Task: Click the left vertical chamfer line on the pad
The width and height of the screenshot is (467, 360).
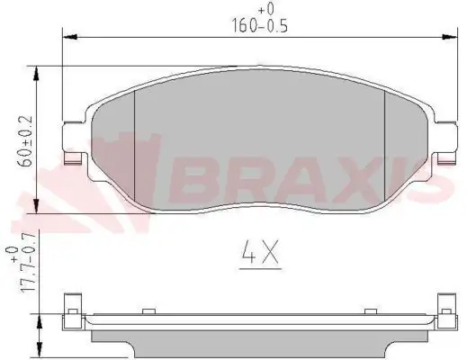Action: [134, 144]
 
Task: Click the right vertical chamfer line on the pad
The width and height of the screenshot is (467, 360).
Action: [384, 144]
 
